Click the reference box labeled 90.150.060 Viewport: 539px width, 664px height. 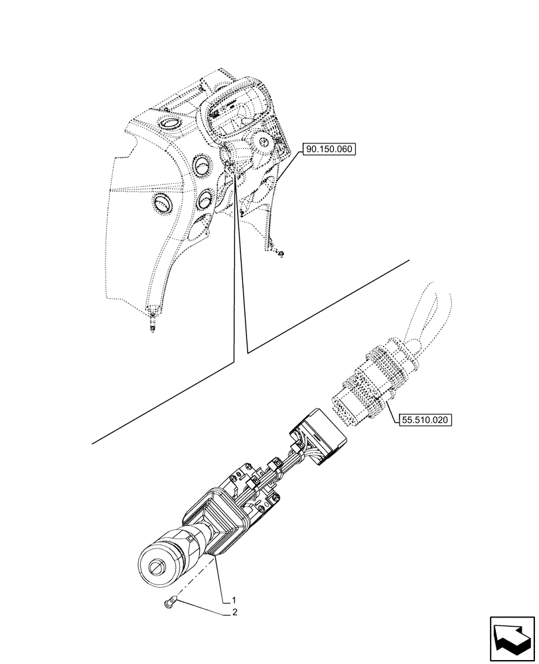point(331,150)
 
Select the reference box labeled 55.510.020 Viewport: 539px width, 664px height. point(425,420)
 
